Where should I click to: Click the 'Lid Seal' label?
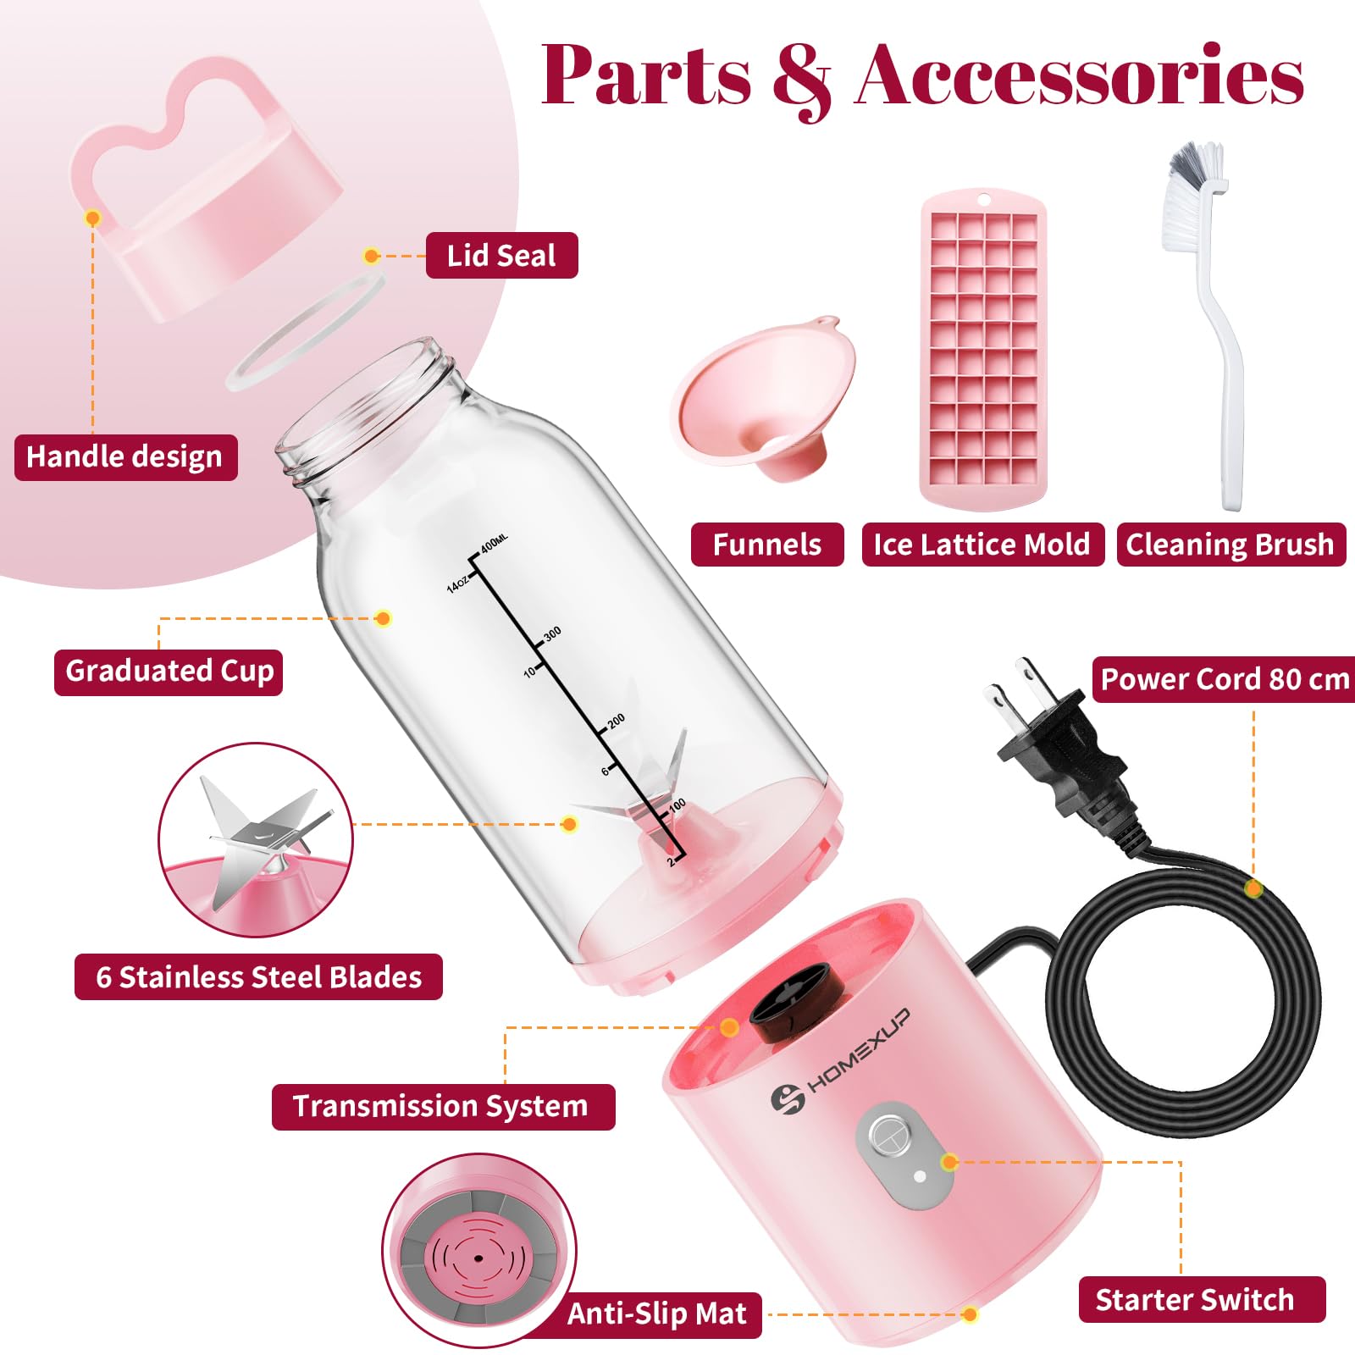501,255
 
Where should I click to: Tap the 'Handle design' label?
125,457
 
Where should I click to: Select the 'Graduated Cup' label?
169,672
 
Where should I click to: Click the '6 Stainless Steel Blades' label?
258,976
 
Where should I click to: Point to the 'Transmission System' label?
443,1106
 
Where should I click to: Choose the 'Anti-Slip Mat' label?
657,1314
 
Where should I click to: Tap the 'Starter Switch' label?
1202,1299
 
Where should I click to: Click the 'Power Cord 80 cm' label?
1224,679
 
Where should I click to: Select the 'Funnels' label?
767,545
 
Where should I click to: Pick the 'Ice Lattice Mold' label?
982,545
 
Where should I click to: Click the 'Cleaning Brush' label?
1231,545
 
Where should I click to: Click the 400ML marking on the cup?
493,543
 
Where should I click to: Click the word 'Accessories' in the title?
1080,76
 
